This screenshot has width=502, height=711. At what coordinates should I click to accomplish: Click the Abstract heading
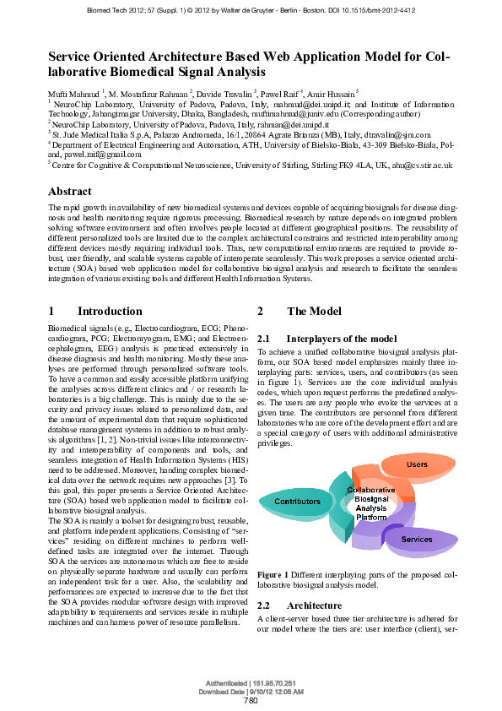click(70, 192)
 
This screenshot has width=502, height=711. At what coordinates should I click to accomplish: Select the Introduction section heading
click(110, 311)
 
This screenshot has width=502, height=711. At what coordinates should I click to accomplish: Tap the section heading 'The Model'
click(314, 311)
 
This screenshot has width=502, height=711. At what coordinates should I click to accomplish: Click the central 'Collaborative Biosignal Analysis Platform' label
click(370, 502)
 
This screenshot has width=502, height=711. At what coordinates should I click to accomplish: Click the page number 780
click(251, 701)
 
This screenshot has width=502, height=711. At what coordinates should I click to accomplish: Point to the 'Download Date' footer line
click(251, 691)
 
